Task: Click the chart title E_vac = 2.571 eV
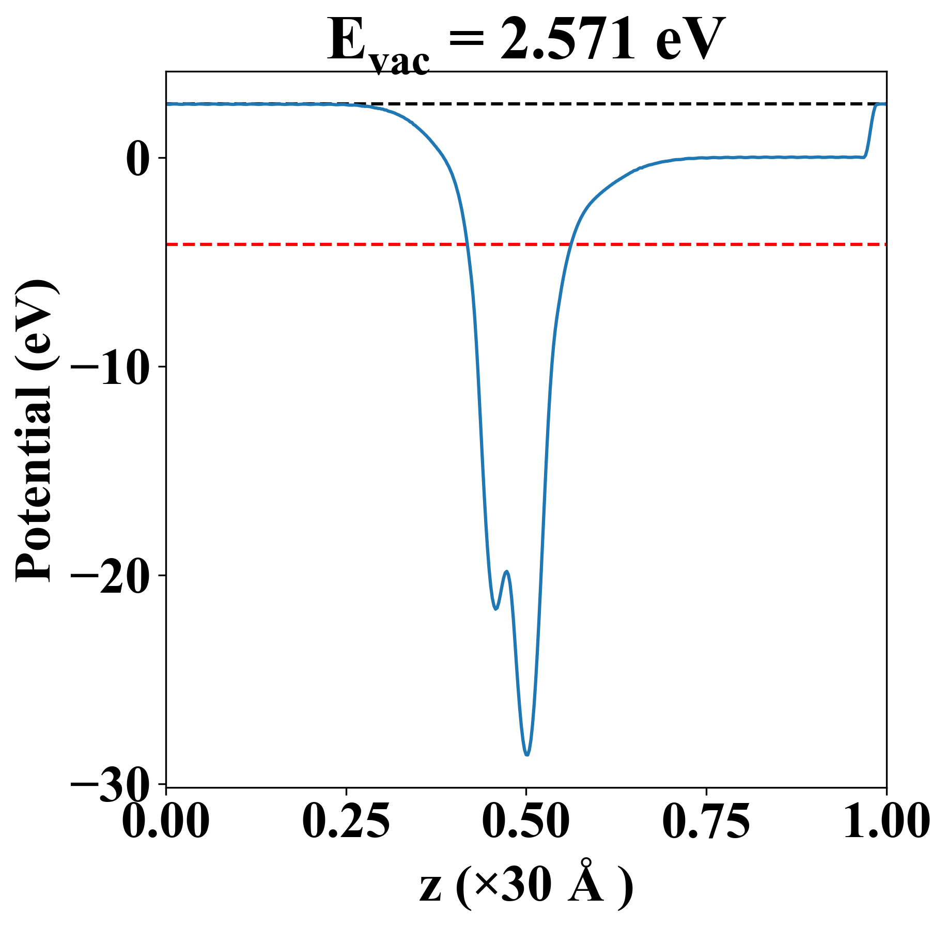(525, 41)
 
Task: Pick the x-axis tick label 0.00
(166, 821)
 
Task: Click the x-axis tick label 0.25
(346, 821)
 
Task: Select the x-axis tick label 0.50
(526, 821)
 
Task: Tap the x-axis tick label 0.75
(706, 821)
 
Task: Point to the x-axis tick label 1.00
(886, 821)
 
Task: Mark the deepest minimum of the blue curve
(527, 755)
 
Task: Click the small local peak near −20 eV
(507, 571)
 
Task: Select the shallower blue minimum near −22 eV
(495, 609)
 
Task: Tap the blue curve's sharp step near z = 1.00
(870, 132)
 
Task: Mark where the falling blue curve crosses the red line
(467, 244)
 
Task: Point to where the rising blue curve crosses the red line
(570, 244)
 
